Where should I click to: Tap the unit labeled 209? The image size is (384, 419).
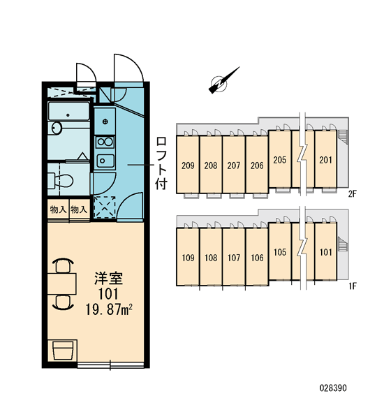(188, 164)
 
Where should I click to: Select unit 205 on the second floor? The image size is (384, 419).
(280, 159)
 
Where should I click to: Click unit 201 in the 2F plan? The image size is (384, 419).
(326, 159)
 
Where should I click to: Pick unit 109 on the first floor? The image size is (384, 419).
(188, 256)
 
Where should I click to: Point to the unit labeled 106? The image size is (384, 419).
(257, 256)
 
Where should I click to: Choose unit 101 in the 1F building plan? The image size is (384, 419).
(326, 251)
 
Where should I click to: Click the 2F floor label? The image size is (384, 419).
(353, 193)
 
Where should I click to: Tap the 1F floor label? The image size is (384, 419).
(353, 286)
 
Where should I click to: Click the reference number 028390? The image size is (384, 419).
(333, 388)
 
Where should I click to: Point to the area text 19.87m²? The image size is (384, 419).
(109, 309)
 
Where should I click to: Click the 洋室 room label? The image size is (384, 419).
(108, 278)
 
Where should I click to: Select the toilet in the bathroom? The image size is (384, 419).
(60, 180)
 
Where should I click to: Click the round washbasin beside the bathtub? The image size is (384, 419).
(56, 128)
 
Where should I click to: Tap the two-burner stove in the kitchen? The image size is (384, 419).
(105, 142)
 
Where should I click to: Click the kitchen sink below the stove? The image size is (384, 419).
(105, 161)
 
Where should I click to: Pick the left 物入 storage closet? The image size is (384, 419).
(58, 209)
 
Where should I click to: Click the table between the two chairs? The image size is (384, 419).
(61, 284)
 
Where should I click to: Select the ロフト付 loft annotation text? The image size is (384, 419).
(161, 163)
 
